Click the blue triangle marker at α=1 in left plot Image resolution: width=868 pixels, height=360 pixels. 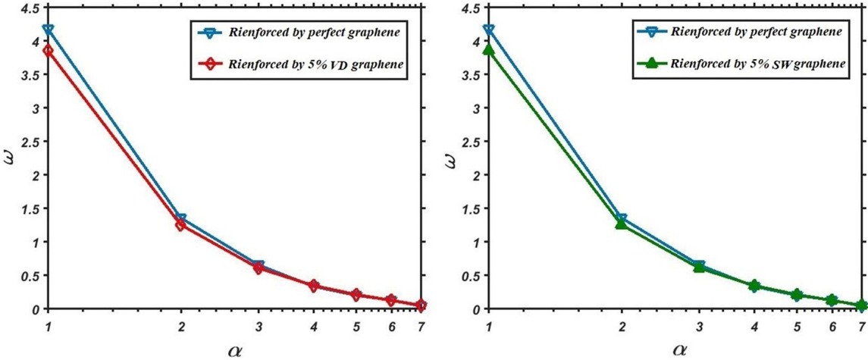(49, 30)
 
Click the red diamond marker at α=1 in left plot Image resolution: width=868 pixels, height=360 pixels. (49, 50)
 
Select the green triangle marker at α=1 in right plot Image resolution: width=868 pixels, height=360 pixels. (489, 50)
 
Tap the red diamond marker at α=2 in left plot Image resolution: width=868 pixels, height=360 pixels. (180, 225)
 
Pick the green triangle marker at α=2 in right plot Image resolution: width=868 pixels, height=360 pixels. (621, 224)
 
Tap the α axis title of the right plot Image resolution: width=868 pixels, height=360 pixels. (677, 350)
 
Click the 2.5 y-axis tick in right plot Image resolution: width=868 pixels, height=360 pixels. (472, 142)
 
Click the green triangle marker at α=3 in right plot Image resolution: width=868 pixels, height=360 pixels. (699, 267)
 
